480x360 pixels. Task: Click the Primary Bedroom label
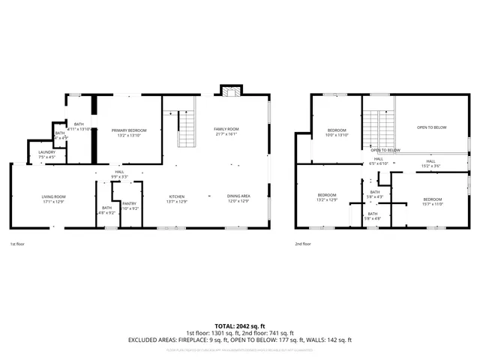point(130,130)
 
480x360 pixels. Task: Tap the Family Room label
point(226,130)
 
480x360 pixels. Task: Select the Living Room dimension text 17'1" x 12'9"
point(53,202)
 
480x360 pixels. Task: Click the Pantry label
point(130,203)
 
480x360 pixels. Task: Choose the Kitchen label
point(176,196)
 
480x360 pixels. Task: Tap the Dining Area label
point(238,196)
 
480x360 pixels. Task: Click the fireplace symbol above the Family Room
point(229,91)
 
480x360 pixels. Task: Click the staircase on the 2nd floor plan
point(379,124)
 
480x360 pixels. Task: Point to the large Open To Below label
point(431,127)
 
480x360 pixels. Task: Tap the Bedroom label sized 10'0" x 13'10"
point(337,130)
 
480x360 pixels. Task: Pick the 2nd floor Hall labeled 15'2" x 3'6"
point(431,161)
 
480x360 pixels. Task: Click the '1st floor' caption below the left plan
point(18,244)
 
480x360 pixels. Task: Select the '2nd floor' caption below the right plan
point(303,244)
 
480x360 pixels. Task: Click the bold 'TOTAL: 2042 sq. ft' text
point(240,326)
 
